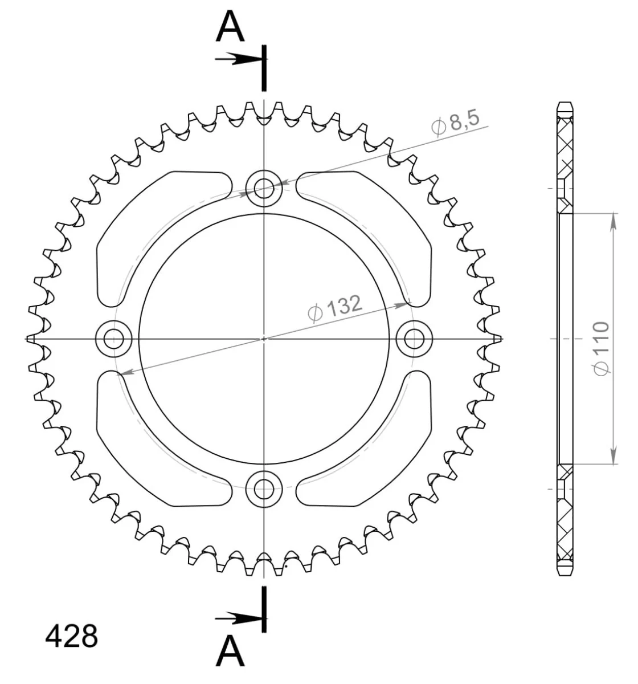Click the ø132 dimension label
(335, 308)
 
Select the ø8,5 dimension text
(455, 124)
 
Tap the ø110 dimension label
(601, 348)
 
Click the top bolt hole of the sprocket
(264, 189)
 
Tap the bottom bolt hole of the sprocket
(264, 488)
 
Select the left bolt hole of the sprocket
(114, 339)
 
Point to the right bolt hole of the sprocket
(414, 339)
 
